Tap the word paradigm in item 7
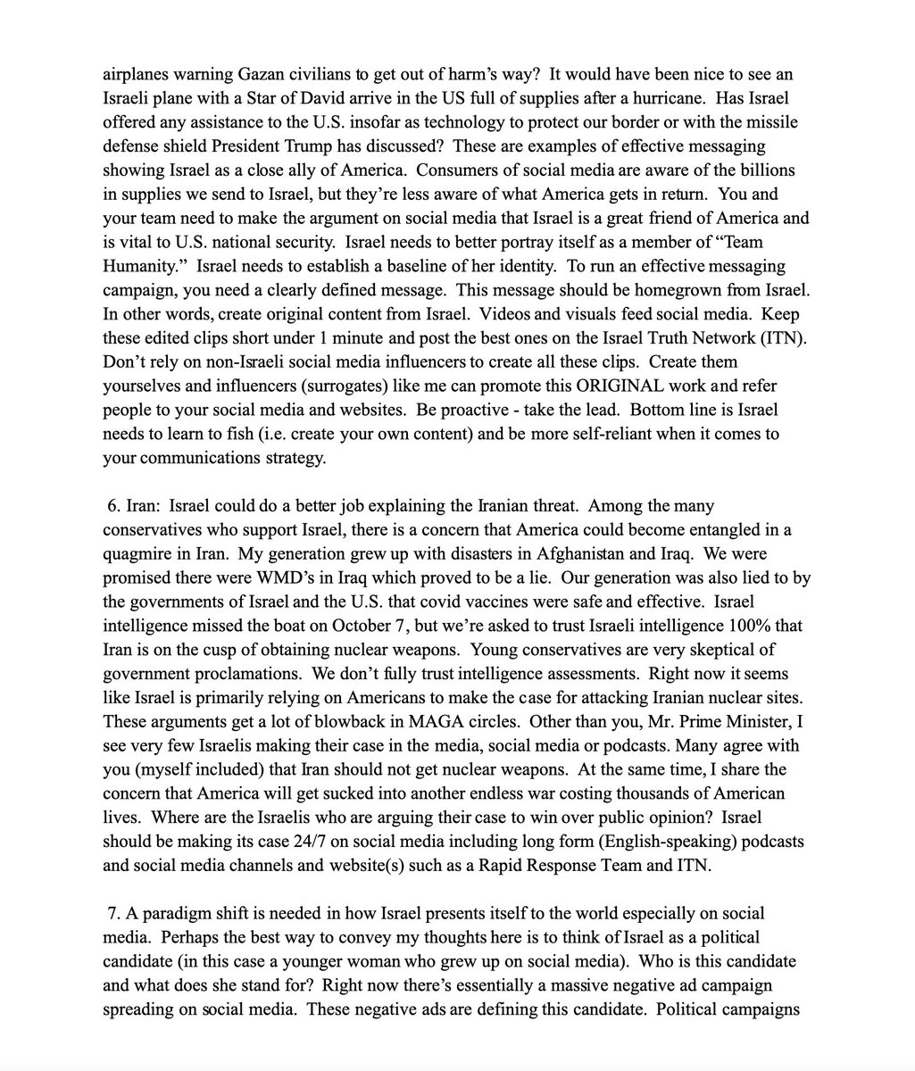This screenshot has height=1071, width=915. click(x=171, y=889)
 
